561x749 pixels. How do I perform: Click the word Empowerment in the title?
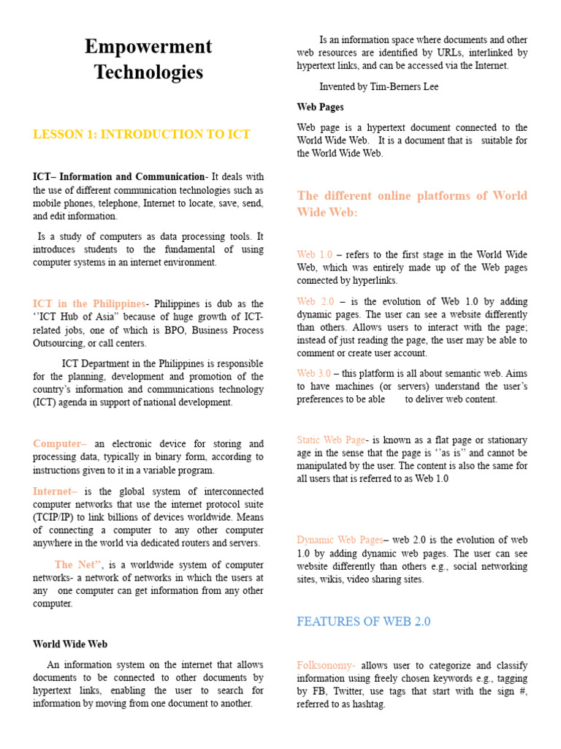[x=148, y=47]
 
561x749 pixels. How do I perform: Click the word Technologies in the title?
[x=148, y=72]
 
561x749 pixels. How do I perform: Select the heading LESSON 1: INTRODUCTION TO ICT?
[x=142, y=135]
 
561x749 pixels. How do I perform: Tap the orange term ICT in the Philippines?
[x=89, y=304]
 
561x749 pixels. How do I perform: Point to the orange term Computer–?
[x=60, y=444]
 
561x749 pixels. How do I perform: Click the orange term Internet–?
[x=55, y=492]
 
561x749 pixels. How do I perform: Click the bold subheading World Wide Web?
[x=70, y=644]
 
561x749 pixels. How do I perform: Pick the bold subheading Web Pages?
[x=320, y=107]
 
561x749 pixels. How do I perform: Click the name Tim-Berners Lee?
[x=407, y=87]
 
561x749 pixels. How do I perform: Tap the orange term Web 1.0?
[x=314, y=255]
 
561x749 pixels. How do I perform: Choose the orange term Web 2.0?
[x=316, y=301]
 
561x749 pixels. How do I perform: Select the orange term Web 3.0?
[x=314, y=373]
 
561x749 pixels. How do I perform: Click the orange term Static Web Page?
[x=331, y=440]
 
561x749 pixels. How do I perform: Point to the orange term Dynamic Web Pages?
[x=340, y=540]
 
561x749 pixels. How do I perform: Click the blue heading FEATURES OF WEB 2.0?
[x=364, y=622]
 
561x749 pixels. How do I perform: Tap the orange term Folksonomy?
[x=326, y=666]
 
